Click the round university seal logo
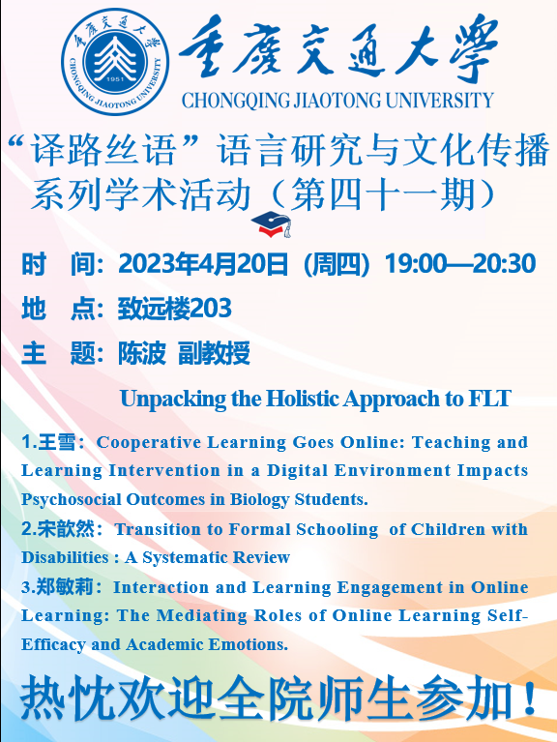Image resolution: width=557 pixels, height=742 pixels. tap(115, 62)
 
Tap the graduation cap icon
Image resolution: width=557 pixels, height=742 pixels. tap(272, 223)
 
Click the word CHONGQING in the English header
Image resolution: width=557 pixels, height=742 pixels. tap(236, 101)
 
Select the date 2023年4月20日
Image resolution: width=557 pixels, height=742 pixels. tap(203, 263)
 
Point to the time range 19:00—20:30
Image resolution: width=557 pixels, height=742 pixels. tap(460, 263)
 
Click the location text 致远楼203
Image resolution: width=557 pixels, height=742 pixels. tap(174, 309)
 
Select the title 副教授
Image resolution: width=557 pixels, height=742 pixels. tap(214, 353)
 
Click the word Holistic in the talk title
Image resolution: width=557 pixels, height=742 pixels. tap(303, 398)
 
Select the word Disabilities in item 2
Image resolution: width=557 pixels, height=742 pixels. tap(65, 557)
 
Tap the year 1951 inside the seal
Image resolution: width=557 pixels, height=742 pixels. tap(115, 79)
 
